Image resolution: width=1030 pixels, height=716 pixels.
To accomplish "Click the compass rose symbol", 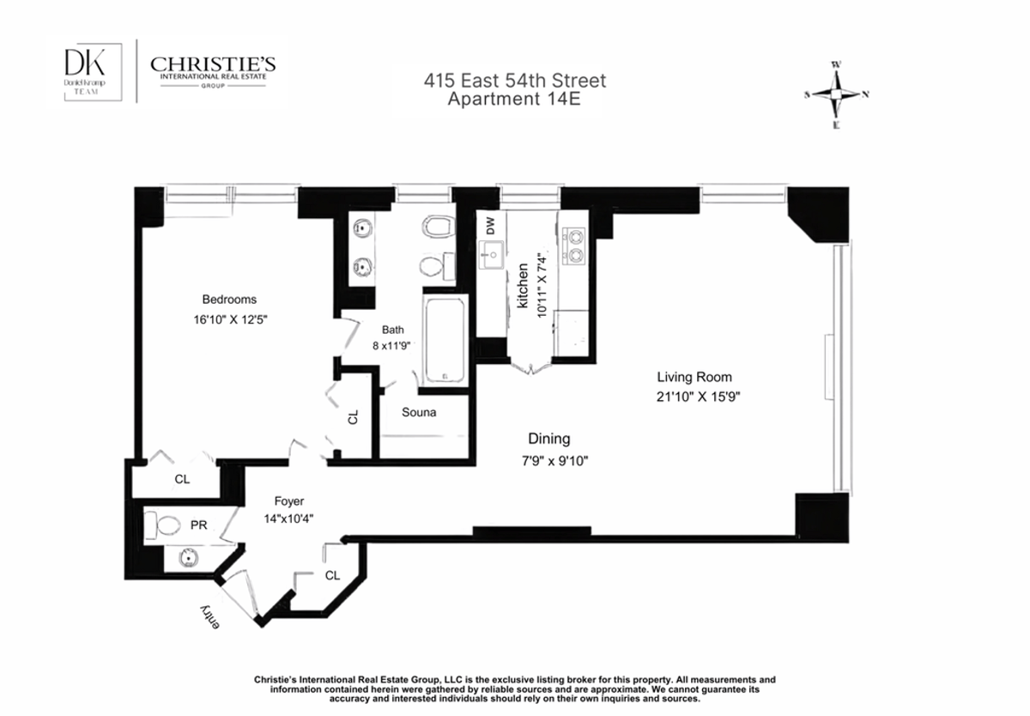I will click(836, 94).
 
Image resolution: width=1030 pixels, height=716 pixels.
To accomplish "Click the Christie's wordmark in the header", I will click(212, 66).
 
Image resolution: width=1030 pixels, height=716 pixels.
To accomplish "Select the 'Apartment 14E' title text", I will click(515, 99).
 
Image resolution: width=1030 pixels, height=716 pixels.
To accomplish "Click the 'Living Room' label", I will click(694, 377).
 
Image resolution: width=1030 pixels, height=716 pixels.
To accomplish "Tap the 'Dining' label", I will click(548, 439).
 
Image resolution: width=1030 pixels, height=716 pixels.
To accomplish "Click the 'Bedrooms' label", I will click(229, 300).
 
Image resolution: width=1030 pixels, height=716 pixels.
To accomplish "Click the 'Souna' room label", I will click(419, 413).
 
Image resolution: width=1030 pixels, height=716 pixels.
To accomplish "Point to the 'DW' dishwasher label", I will click(490, 227).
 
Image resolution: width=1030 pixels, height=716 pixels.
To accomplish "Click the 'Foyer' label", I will click(289, 501).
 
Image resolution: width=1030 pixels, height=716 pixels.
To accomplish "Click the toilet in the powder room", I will click(163, 524).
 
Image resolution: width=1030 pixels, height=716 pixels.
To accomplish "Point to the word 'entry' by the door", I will click(209, 616).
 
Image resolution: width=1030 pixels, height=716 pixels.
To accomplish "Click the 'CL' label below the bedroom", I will click(182, 480).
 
